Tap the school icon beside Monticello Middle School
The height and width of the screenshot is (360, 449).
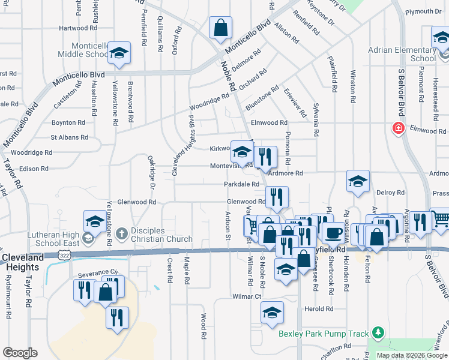[x=119, y=53]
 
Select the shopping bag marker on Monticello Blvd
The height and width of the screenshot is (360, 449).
[x=220, y=27]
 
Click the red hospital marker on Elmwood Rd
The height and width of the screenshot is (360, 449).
[x=397, y=128]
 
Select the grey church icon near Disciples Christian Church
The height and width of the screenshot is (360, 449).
[x=121, y=233]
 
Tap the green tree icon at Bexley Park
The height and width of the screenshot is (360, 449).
[x=377, y=332]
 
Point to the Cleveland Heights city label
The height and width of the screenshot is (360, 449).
[x=23, y=262]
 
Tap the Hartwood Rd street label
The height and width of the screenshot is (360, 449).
[x=78, y=28]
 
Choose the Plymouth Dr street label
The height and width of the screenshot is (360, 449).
[x=423, y=11]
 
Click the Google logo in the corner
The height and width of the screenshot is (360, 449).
[x=19, y=353]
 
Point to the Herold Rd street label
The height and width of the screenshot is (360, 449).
[x=318, y=309]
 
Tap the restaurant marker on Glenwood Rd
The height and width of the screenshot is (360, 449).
[x=276, y=196]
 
